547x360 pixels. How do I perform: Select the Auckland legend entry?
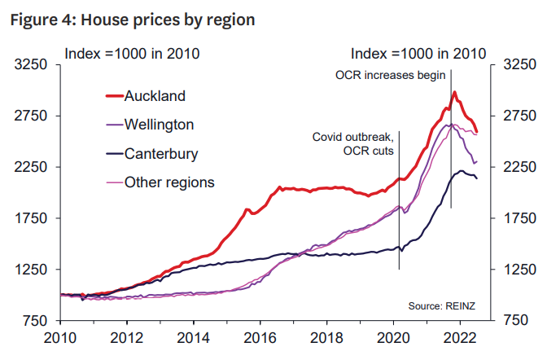(155, 95)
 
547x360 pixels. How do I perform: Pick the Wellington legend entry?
(159, 125)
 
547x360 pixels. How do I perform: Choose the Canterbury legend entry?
(160, 153)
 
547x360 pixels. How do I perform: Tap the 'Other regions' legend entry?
(169, 182)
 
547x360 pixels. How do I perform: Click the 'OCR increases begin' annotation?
(391, 75)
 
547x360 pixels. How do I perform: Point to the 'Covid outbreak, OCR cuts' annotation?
(352, 145)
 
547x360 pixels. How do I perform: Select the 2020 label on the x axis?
(392, 336)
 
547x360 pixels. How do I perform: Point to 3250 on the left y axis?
(32, 64)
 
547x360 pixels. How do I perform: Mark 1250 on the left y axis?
(32, 270)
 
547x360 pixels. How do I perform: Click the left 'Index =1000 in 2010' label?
(133, 54)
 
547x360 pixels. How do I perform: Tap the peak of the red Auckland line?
(454, 92)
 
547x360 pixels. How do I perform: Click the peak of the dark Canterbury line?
(461, 170)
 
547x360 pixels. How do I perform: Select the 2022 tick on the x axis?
(459, 336)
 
